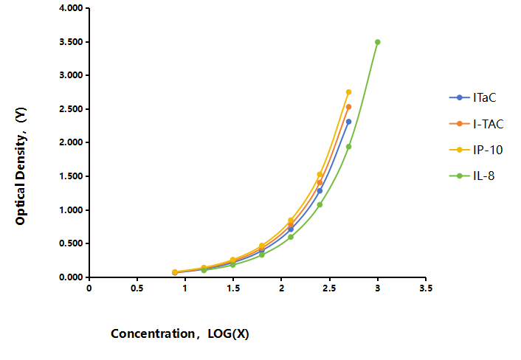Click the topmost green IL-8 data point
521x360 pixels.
click(x=377, y=42)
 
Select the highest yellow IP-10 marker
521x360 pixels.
click(x=348, y=92)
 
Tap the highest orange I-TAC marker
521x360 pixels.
click(x=348, y=107)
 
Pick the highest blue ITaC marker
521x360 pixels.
click(x=348, y=122)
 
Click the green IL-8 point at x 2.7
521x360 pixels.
click(x=348, y=147)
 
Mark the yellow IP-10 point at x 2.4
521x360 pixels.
click(x=320, y=174)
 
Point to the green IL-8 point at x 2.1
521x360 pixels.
click(x=291, y=237)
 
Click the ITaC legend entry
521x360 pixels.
click(x=472, y=97)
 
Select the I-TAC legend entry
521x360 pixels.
click(x=477, y=124)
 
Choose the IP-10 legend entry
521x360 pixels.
click(x=476, y=150)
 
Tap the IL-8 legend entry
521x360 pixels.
click(x=472, y=176)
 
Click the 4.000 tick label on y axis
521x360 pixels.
click(x=71, y=8)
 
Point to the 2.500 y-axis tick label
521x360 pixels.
click(x=71, y=109)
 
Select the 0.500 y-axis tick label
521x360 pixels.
click(x=71, y=243)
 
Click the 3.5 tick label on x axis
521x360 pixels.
click(x=426, y=288)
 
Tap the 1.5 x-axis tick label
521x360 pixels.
click(x=233, y=288)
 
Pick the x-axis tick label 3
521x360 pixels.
click(x=377, y=288)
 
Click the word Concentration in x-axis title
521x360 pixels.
click(x=153, y=333)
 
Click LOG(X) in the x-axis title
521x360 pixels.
click(x=228, y=333)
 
